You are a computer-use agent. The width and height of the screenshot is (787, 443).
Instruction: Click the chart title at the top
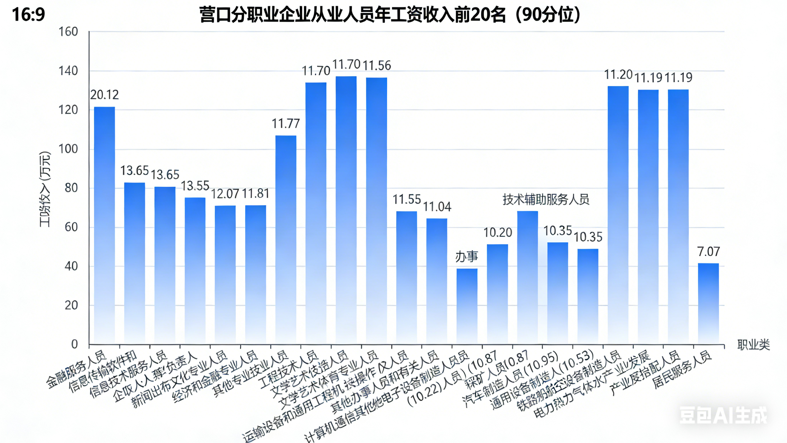point(390,15)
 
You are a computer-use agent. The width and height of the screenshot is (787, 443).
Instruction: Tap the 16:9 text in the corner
point(29,15)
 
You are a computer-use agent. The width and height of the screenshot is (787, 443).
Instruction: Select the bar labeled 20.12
point(104,225)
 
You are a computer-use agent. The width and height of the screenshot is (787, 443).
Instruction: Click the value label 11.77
point(286,124)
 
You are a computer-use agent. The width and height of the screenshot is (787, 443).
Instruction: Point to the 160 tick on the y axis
point(68,32)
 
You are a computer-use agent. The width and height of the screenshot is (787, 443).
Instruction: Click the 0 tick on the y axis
point(74,345)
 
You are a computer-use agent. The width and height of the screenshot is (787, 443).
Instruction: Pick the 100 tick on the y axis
point(68,149)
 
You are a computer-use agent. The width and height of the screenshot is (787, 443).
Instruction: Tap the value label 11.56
point(376,66)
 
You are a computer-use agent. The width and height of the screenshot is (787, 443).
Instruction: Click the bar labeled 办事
point(467,306)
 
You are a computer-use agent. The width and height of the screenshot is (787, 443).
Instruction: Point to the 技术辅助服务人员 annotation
point(546,199)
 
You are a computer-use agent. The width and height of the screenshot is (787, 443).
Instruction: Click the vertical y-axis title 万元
point(45,189)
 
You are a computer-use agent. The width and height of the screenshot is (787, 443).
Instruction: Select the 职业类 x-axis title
point(753,345)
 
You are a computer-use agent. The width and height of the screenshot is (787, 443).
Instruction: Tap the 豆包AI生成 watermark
point(723,415)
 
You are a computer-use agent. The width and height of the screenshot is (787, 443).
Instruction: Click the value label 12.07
point(225,194)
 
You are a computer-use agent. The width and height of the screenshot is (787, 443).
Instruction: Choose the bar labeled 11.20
point(618,214)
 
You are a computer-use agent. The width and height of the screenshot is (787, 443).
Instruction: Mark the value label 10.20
point(497,233)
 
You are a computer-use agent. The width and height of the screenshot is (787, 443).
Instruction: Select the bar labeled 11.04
point(436,281)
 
